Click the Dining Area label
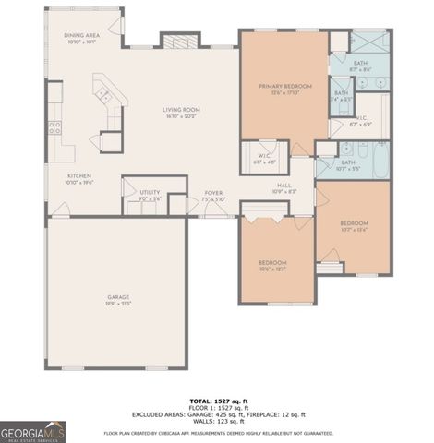80,38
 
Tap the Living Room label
182,113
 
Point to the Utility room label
150,195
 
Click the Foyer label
214,197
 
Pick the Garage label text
118,300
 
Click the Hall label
284,188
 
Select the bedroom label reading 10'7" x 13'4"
354,227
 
